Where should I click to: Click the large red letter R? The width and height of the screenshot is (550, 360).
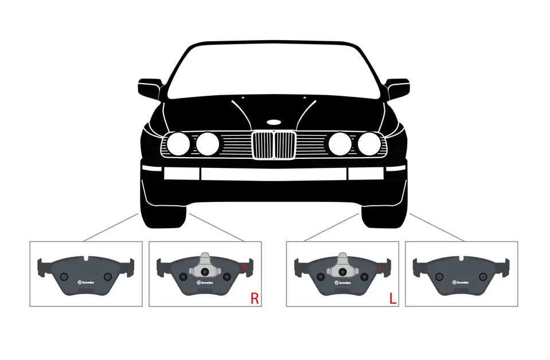[x=255, y=299]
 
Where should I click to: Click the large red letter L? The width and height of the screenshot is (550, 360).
[x=392, y=299]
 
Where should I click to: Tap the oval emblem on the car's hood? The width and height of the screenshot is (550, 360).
[x=274, y=122]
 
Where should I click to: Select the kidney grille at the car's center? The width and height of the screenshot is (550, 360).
[x=274, y=146]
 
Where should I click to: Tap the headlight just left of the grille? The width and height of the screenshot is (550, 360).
[x=208, y=143]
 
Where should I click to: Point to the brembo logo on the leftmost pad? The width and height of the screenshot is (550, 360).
[x=85, y=283]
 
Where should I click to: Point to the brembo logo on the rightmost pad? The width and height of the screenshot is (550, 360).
[x=461, y=283]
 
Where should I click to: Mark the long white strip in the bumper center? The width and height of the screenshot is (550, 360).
[x=274, y=173]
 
